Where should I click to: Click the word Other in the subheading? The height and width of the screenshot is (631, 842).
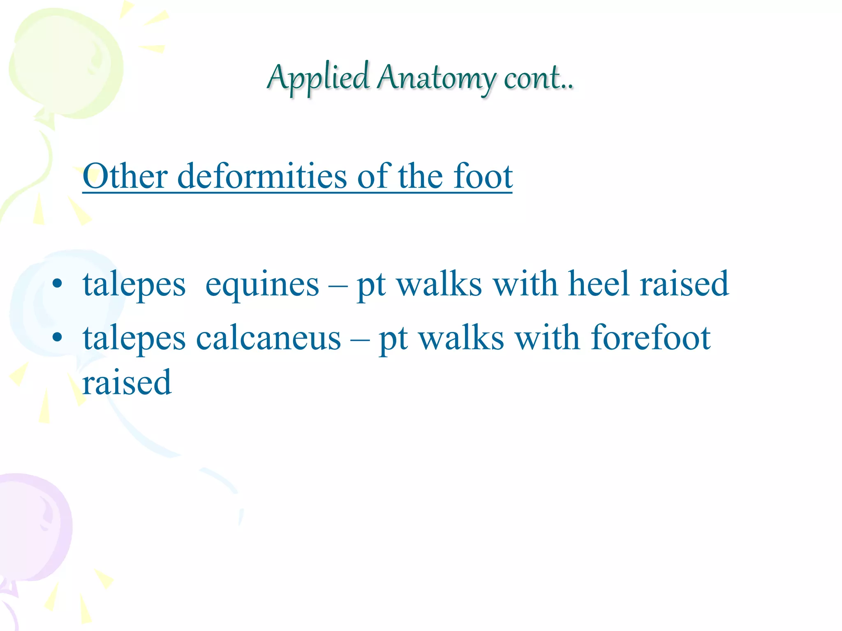tap(125, 176)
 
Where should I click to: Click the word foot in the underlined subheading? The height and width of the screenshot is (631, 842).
tap(483, 176)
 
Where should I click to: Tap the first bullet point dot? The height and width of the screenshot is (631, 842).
tap(58, 283)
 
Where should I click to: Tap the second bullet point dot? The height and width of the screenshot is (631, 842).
tap(58, 337)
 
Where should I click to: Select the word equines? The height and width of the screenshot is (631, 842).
tap(262, 284)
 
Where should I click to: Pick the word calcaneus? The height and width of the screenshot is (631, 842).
tap(268, 338)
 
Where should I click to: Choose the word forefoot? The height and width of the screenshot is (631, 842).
tap(650, 337)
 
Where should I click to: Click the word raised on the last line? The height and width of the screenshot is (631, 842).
tap(127, 382)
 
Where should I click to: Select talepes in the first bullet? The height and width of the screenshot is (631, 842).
tap(134, 284)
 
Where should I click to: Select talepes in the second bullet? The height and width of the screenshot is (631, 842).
tap(134, 338)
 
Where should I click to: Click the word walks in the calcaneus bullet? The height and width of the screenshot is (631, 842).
tap(461, 337)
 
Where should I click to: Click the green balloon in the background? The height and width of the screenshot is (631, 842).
tap(66, 66)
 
